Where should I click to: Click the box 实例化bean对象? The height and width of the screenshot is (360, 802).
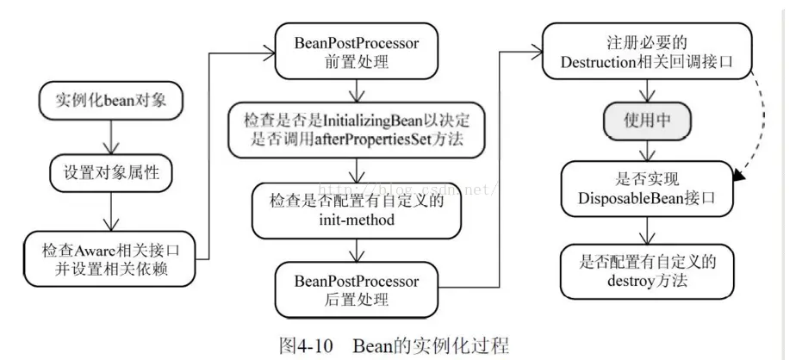tap(111, 101)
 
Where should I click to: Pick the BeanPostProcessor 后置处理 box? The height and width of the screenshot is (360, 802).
tap(357, 291)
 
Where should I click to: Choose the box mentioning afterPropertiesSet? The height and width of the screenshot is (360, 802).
tap(357, 127)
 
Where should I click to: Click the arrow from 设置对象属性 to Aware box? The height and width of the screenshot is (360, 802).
tap(111, 212)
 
